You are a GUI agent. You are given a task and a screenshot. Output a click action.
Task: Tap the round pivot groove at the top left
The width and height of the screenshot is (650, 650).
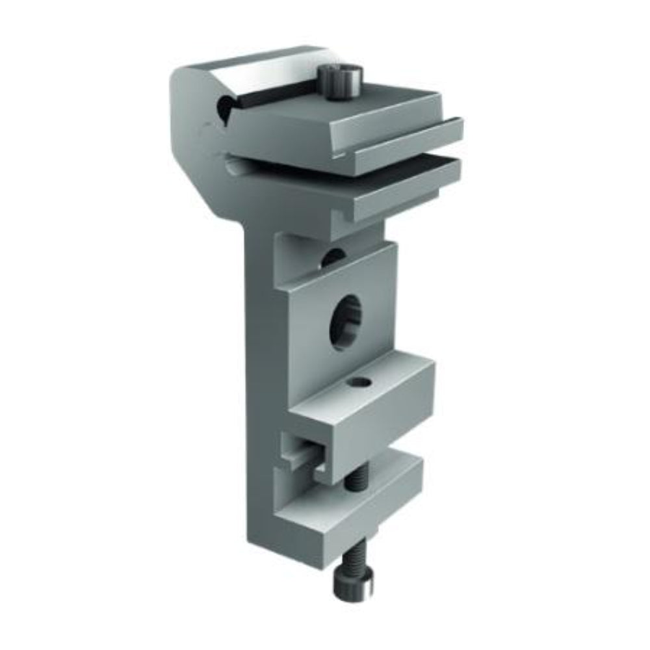224,107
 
